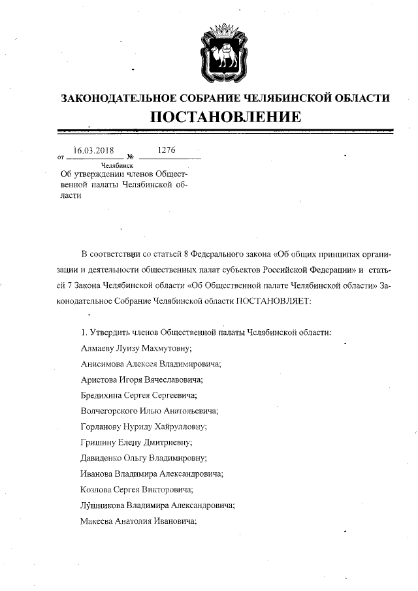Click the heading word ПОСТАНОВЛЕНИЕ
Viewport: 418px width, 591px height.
[225, 118]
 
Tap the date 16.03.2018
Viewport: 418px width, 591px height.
[94, 150]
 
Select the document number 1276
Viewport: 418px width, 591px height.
[167, 150]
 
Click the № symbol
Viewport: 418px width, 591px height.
[131, 157]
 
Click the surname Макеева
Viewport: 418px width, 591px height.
[97, 520]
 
